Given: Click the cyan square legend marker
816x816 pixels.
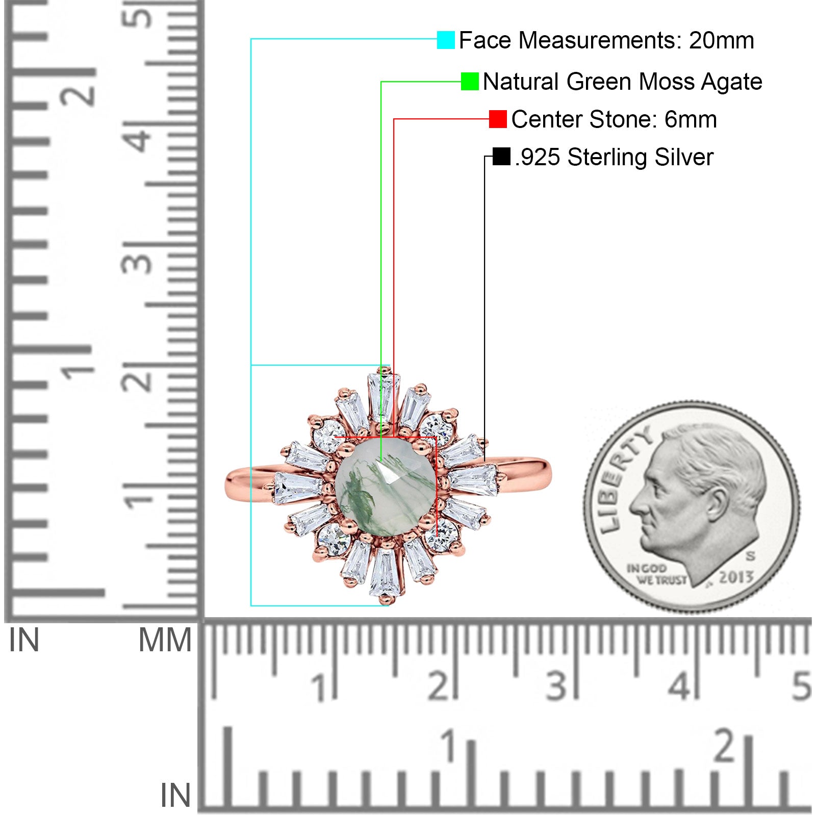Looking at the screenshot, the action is pos(446,40).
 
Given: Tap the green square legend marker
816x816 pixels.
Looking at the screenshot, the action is pos(470,82).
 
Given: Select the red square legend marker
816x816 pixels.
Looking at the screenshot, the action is pos(498,119).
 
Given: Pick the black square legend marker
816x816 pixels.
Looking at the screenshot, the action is pos(502,157).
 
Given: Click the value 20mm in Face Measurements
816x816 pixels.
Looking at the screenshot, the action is pos(722,41).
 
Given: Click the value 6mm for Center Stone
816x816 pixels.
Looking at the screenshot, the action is pos(691,120).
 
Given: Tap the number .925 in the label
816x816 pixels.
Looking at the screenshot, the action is pos(538,158).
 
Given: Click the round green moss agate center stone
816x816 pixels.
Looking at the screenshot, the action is pos(385,487).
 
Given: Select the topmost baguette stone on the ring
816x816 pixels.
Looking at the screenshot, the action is pos(384,397).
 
